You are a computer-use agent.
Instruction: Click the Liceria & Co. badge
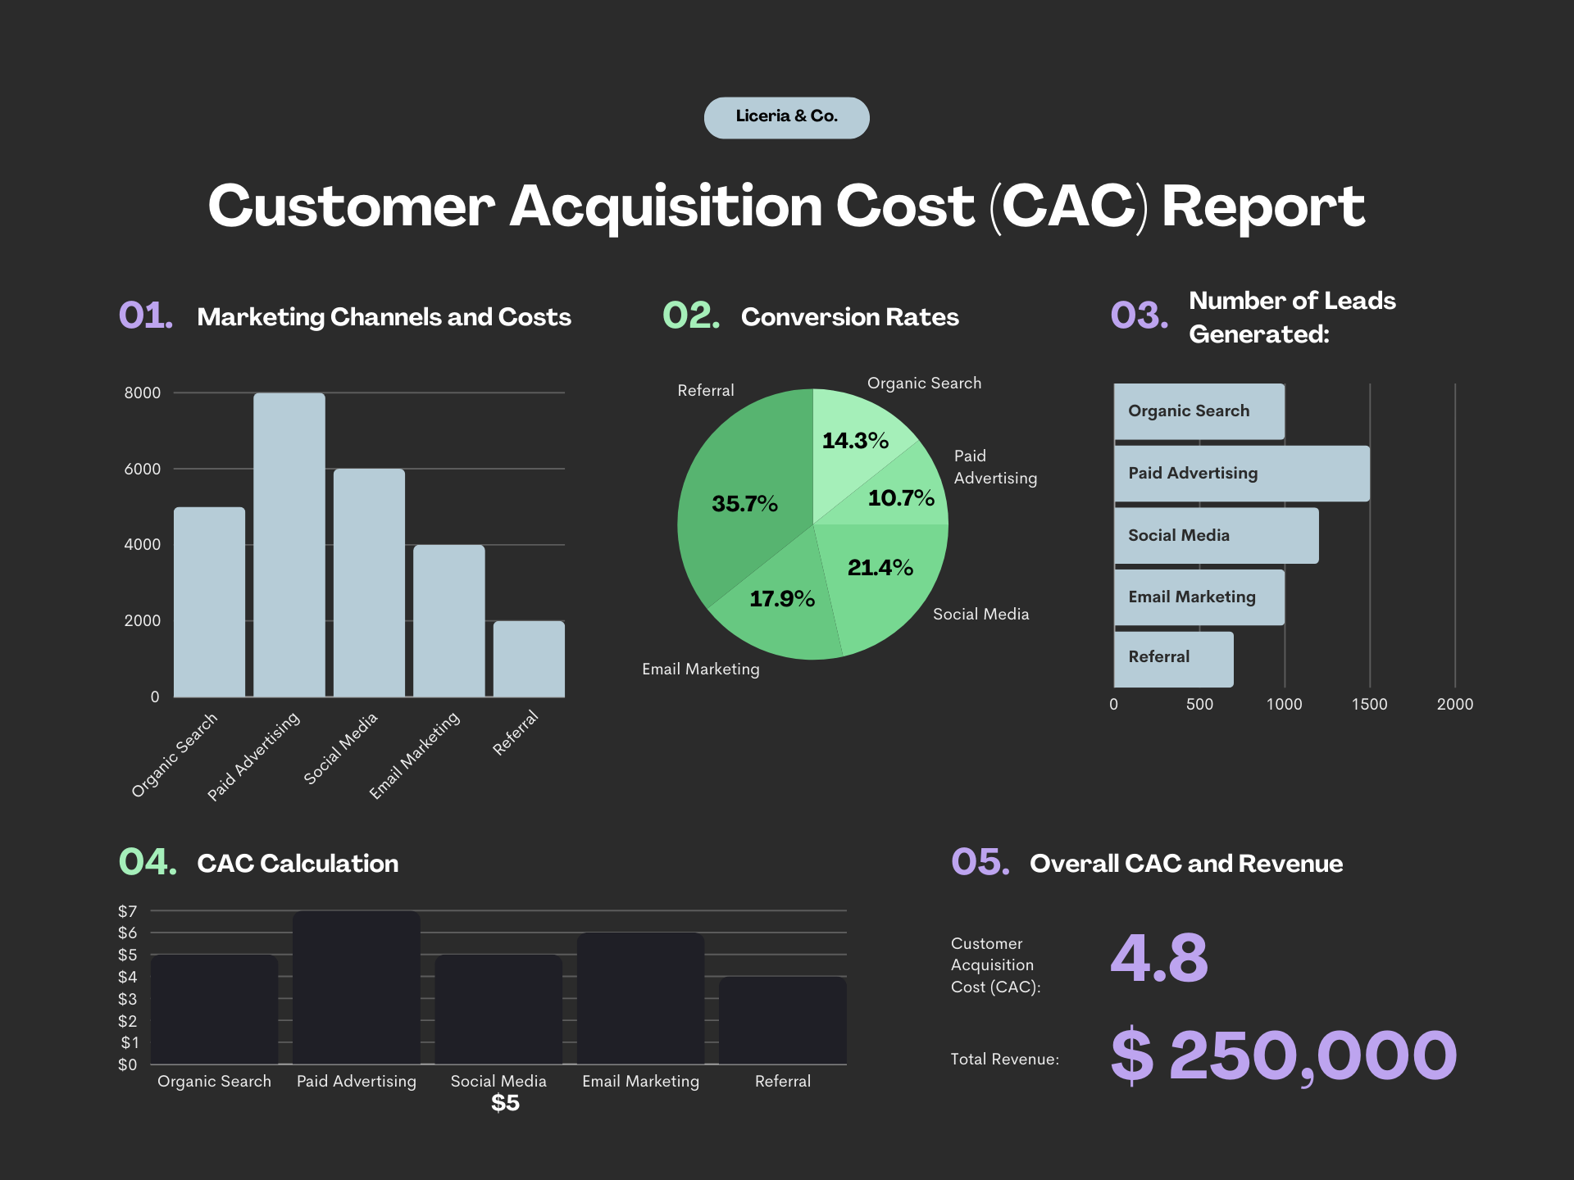pos(786,117)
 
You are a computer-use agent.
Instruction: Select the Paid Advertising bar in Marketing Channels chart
pos(289,545)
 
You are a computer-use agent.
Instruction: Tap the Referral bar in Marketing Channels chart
pos(529,659)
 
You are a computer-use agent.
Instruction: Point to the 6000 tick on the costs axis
pos(143,469)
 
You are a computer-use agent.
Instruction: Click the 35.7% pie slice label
pos(744,504)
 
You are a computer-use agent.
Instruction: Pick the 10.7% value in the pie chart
pos(901,498)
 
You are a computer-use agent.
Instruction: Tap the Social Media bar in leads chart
pos(1216,536)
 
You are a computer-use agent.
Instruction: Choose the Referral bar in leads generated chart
pos(1173,659)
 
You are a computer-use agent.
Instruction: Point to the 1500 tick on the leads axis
pos(1369,704)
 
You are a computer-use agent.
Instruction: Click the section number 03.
pos(1139,316)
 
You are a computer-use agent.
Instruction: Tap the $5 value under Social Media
pos(505,1103)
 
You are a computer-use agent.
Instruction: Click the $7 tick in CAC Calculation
pos(128,911)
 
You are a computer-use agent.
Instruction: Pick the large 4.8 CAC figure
pos(1159,958)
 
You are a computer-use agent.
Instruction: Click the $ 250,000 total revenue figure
pos(1284,1055)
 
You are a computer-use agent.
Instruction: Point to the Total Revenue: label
pos(1004,1060)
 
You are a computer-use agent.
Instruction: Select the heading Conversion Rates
pos(849,317)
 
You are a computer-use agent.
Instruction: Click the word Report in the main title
pos(1262,206)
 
